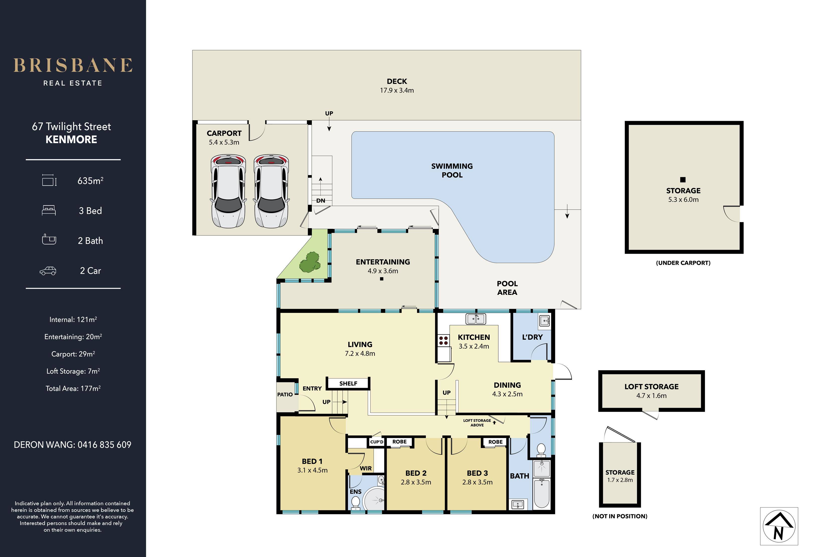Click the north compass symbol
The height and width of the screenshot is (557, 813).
point(779,526)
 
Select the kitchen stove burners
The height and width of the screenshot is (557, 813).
point(443,340)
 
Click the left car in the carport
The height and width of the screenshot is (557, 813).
point(228,191)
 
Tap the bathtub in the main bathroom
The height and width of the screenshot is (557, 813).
point(541,493)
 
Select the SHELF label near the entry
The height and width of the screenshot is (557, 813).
point(348,384)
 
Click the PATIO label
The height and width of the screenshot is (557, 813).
point(285,394)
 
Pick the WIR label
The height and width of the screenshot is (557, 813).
point(366,468)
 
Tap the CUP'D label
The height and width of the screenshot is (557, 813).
point(376,442)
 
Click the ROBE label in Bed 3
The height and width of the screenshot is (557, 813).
point(495,442)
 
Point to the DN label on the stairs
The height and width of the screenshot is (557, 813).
point(320,201)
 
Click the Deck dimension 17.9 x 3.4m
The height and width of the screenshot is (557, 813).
point(397,90)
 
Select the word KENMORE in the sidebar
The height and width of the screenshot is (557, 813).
point(71,139)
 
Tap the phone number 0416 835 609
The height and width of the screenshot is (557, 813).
point(104,445)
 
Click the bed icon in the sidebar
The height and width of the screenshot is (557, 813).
point(49,210)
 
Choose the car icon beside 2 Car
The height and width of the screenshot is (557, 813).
point(48,271)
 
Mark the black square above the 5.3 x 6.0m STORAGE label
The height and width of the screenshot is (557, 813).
point(683,180)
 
